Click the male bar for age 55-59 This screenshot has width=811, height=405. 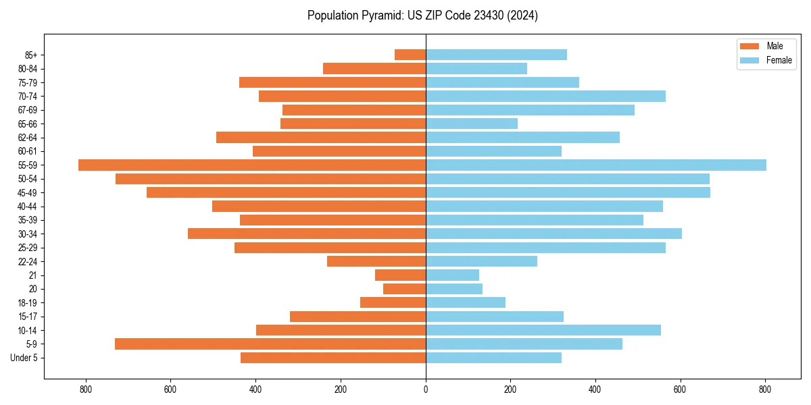[x=252, y=165]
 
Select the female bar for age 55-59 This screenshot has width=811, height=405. [x=595, y=165]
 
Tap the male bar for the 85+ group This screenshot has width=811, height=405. [x=410, y=55]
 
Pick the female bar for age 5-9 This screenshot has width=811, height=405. [x=524, y=344]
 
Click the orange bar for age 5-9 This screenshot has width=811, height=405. [x=270, y=344]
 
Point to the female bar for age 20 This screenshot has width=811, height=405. [x=454, y=289]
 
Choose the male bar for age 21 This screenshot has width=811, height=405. [x=400, y=275]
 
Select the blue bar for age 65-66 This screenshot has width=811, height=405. [x=472, y=124]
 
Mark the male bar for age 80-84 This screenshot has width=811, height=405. [x=374, y=68]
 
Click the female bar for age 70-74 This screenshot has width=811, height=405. [x=545, y=96]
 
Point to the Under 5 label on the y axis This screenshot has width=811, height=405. [x=24, y=358]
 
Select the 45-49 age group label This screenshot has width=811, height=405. [x=28, y=192]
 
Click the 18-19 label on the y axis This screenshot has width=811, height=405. [x=28, y=302]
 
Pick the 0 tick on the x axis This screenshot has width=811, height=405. [x=426, y=389]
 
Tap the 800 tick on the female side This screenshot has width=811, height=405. [x=765, y=389]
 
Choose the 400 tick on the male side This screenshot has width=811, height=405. [x=255, y=389]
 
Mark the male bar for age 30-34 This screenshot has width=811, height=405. [x=307, y=234]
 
